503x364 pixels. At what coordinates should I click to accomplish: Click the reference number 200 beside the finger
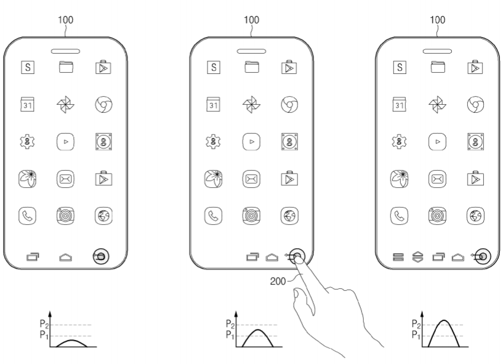tap(278, 281)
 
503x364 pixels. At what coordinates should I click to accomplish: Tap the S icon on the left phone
tap(28, 67)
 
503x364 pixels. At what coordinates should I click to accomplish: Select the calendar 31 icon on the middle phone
tap(213, 104)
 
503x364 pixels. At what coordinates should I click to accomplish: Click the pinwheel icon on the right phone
tap(437, 105)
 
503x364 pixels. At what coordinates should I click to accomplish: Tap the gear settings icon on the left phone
tap(27, 142)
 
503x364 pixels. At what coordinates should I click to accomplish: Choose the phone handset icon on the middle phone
tap(213, 216)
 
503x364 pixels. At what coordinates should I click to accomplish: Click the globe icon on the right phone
tap(475, 216)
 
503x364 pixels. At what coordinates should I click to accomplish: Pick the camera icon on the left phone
tap(65, 216)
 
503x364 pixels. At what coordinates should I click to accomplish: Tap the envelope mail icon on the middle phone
tap(251, 179)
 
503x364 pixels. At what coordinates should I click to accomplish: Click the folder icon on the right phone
tap(438, 67)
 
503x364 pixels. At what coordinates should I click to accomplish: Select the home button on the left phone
tap(65, 257)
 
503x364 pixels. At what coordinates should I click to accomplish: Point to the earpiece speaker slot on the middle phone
tap(251, 51)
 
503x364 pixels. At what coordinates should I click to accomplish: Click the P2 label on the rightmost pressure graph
tap(416, 324)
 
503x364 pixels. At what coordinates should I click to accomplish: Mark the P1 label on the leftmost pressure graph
tap(44, 335)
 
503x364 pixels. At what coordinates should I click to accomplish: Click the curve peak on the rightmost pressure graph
tap(444, 320)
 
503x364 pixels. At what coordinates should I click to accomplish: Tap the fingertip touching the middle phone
tap(299, 259)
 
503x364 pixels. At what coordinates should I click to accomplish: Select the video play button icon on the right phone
tap(438, 142)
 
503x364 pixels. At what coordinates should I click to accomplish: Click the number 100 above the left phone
tap(65, 20)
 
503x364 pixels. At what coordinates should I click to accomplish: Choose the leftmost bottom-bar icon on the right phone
tap(398, 257)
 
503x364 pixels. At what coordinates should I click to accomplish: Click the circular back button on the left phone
tap(101, 256)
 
